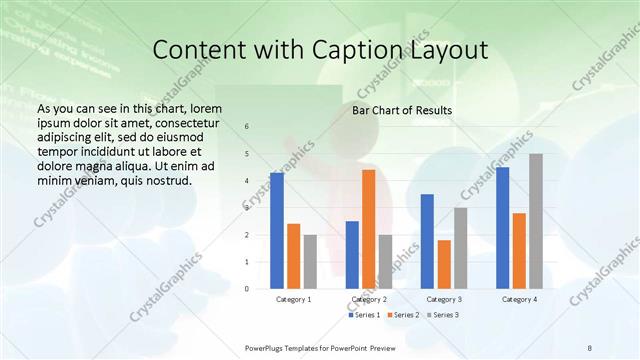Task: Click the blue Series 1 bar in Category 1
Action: pos(277,231)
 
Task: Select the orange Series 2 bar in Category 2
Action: pos(368,229)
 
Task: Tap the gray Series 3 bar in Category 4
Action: pos(536,221)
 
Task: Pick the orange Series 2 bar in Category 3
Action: pos(444,264)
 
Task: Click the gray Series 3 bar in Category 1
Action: pos(310,262)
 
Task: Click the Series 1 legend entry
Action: pos(364,315)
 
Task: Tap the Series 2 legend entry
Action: pos(402,315)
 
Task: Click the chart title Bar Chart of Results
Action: pos(402,110)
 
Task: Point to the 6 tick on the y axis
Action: pos(247,127)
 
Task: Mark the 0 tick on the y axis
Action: pos(247,289)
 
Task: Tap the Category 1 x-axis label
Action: pos(293,299)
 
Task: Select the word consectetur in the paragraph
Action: pos(180,120)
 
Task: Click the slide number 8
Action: pos(590,346)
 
